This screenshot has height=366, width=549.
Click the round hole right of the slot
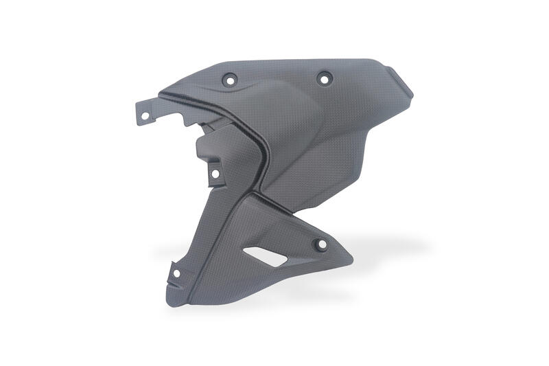[x=317, y=244]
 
